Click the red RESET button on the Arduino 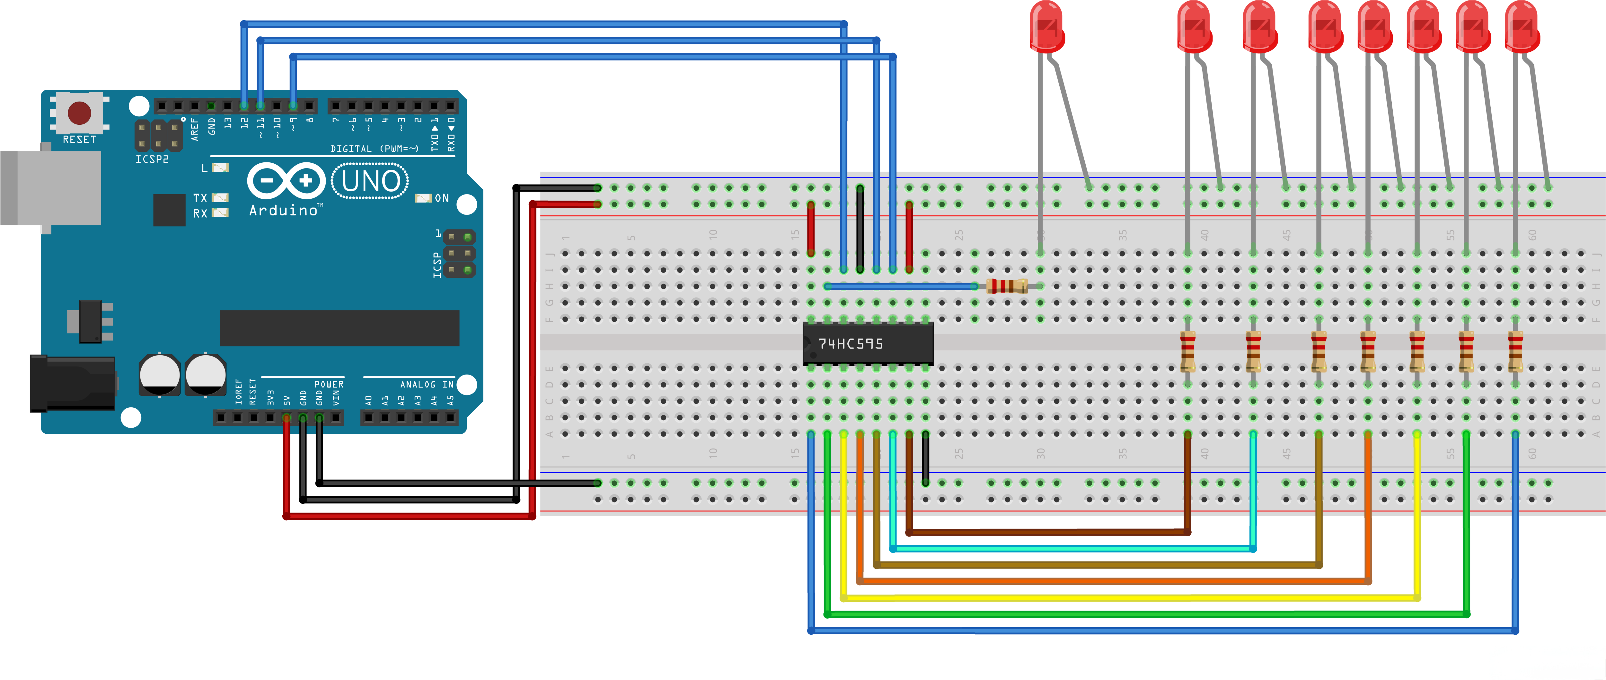tap(79, 113)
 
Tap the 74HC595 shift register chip tap(867, 343)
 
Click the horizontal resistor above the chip tap(1006, 286)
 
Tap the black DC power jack tap(72, 383)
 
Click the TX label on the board tap(199, 198)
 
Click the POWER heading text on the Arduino tap(329, 384)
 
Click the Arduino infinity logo tap(286, 181)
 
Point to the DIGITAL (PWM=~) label tap(374, 149)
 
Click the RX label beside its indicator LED tap(199, 213)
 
